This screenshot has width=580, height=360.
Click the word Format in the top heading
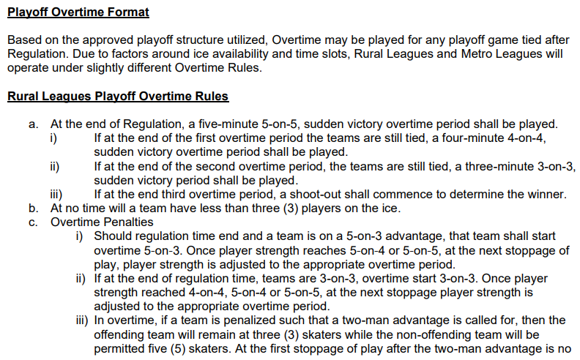coord(126,12)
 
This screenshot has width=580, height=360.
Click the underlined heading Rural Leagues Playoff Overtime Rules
coord(118,97)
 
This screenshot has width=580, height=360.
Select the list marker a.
coord(34,124)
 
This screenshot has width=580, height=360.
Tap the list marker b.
coord(34,208)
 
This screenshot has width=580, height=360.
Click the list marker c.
coord(34,222)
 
